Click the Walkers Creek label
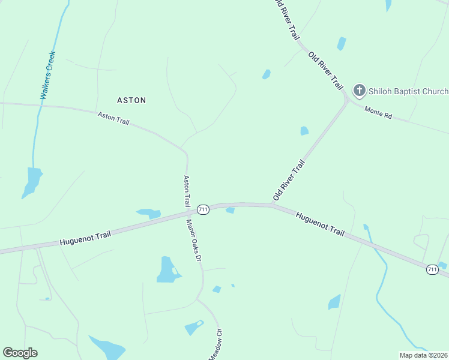tap(48, 75)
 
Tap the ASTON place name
tap(131, 100)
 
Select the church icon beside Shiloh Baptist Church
tap(359, 91)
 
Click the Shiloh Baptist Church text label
tap(408, 91)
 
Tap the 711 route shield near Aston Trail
tap(203, 209)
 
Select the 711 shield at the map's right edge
tap(432, 269)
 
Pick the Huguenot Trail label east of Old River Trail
tap(321, 223)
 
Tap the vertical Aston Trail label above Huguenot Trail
tap(187, 191)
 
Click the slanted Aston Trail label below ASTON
tap(113, 118)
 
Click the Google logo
tap(20, 353)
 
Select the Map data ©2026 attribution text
tap(423, 355)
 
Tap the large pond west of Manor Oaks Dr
tap(167, 269)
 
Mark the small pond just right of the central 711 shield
tap(230, 210)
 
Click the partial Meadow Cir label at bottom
tap(215, 344)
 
